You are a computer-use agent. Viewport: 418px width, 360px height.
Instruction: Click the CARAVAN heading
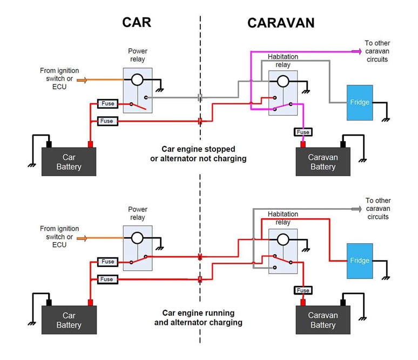(281, 23)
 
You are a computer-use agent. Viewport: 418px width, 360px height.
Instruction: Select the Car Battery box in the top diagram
(69, 162)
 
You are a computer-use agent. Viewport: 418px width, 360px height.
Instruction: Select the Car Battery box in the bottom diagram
(69, 320)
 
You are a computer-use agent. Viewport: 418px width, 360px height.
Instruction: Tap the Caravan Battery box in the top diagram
(323, 162)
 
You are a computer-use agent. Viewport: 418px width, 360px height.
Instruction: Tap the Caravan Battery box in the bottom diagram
(323, 320)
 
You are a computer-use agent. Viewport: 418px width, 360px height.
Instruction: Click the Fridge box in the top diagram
(359, 102)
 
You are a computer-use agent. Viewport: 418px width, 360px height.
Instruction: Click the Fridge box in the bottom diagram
(359, 261)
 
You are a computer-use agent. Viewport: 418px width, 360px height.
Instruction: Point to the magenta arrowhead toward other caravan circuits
(357, 51)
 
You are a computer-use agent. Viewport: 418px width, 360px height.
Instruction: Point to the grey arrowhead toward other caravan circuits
(357, 209)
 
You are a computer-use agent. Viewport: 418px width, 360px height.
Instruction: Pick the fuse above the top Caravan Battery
(303, 132)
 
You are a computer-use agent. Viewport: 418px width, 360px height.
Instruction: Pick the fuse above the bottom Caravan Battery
(303, 290)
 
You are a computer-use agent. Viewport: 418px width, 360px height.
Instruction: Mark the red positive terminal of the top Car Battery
(91, 144)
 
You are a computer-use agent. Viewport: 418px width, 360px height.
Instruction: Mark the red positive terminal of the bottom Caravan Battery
(303, 302)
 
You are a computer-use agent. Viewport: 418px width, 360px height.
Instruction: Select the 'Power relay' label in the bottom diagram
(137, 214)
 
